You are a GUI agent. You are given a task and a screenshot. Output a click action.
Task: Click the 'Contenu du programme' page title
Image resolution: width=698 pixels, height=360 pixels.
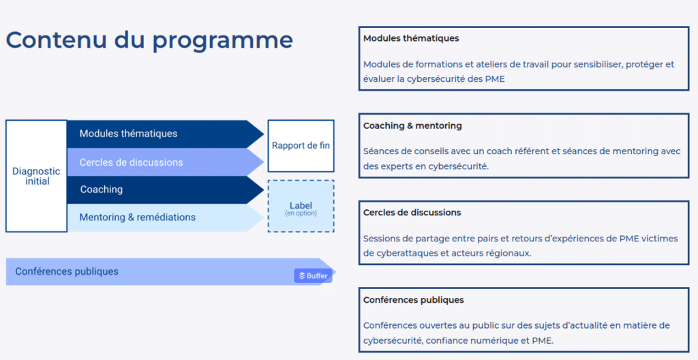pyautogui.click(x=149, y=41)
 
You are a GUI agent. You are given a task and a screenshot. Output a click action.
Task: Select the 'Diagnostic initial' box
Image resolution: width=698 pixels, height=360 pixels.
pyautogui.click(x=37, y=176)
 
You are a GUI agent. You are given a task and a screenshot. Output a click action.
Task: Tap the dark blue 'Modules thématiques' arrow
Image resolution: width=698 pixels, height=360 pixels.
pyautogui.click(x=165, y=134)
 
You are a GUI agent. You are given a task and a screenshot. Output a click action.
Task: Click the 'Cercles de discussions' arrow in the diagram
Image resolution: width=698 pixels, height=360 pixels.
pyautogui.click(x=165, y=162)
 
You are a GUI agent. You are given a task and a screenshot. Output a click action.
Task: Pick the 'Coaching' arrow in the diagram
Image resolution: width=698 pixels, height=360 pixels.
pyautogui.click(x=165, y=190)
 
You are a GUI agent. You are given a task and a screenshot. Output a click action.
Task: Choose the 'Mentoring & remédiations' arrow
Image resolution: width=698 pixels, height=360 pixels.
pyautogui.click(x=165, y=217)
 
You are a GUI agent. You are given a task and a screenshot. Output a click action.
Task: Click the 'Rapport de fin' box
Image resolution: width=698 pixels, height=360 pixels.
pyautogui.click(x=301, y=146)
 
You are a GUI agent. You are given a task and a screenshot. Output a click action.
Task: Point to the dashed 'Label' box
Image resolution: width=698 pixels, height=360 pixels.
pyautogui.click(x=301, y=206)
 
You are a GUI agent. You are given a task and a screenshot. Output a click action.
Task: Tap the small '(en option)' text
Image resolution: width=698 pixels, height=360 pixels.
pyautogui.click(x=301, y=213)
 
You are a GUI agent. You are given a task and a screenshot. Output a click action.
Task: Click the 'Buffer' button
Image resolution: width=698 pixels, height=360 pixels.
pyautogui.click(x=313, y=275)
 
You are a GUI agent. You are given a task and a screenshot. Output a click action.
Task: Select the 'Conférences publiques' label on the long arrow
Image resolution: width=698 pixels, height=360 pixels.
pyautogui.click(x=67, y=271)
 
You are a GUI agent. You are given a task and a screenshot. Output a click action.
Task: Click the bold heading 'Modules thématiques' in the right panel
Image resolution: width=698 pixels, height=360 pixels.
pyautogui.click(x=411, y=38)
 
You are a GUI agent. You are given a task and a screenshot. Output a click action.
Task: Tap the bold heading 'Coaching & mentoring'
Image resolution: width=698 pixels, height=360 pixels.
pyautogui.click(x=412, y=125)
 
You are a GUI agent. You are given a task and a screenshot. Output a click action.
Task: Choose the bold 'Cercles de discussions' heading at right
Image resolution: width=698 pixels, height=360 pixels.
pyautogui.click(x=412, y=213)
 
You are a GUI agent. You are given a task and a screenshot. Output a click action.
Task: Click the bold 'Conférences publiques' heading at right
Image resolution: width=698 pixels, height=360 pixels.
pyautogui.click(x=413, y=300)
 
